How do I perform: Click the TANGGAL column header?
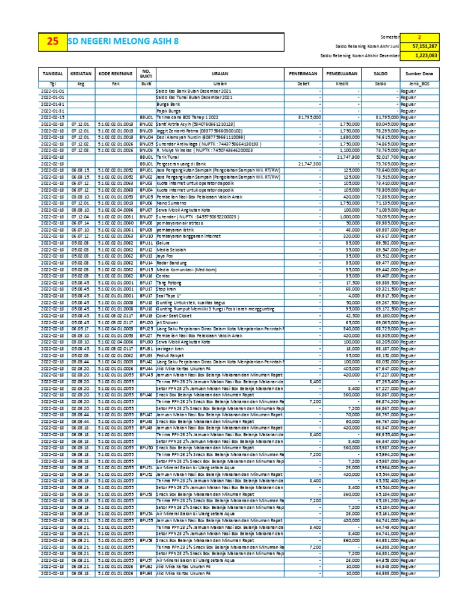[x=53, y=74]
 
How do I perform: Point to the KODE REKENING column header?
[x=115, y=74]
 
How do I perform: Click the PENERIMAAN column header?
[x=304, y=74]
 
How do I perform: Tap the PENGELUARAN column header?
[x=342, y=74]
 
